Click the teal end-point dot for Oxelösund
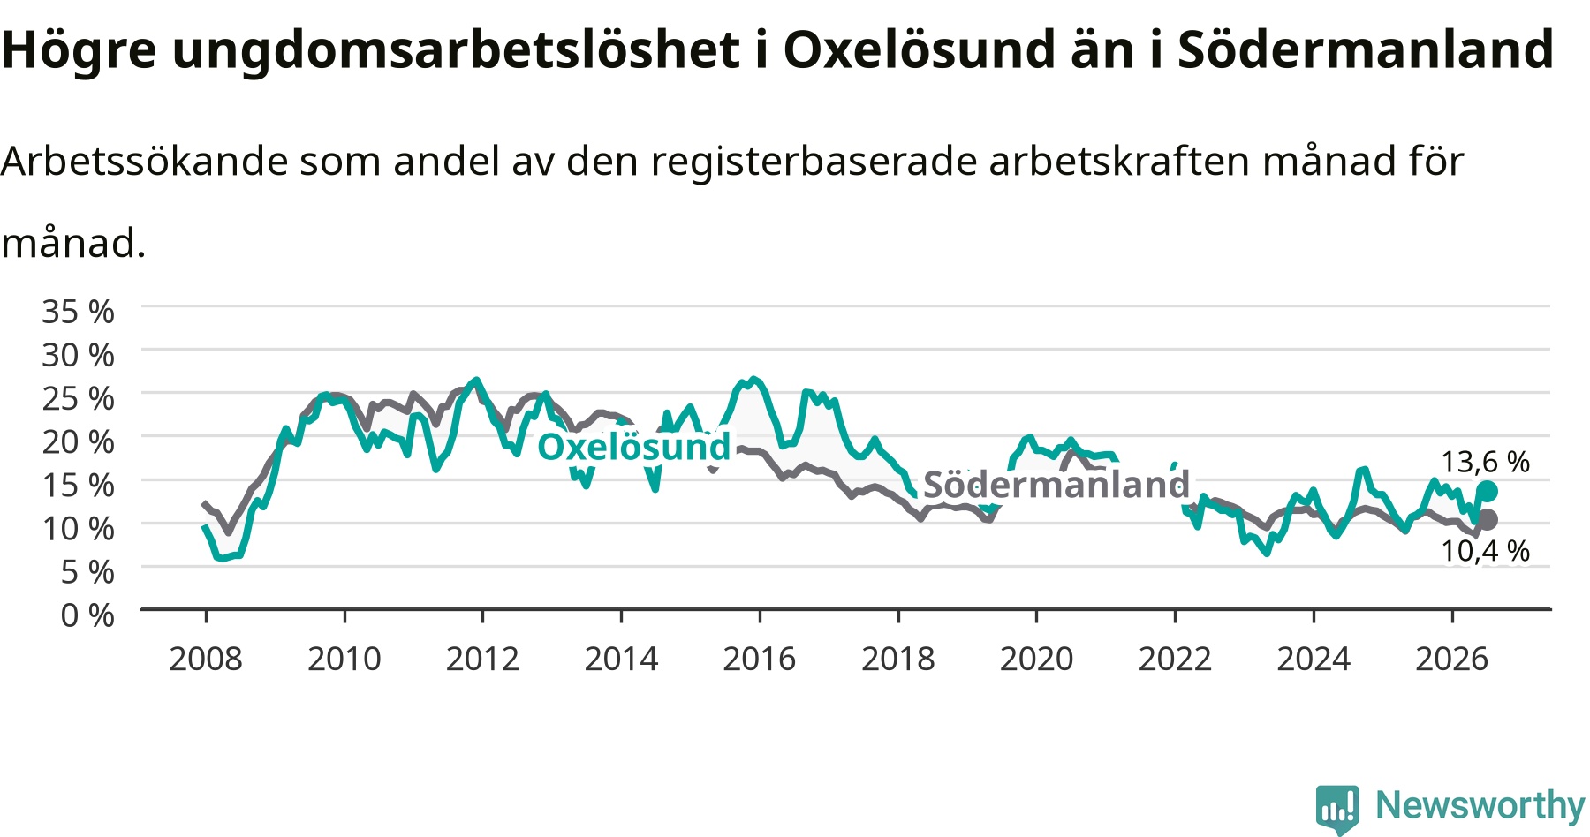coord(1487,491)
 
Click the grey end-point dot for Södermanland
coord(1487,519)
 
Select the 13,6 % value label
coord(1485,462)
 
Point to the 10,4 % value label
coord(1485,551)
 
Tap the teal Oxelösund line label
coord(634,446)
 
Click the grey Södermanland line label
coord(1056,484)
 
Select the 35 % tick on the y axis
coord(78,312)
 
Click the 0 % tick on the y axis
coord(87,615)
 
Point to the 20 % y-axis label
coord(78,441)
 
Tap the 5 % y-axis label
coord(87,571)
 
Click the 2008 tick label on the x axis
coord(205,659)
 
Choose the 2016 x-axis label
coord(759,659)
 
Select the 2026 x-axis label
coord(1451,659)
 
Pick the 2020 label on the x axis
coord(1036,659)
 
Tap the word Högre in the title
coord(79,51)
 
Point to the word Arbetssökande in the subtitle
coord(145,162)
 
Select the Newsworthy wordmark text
coord(1480,805)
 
